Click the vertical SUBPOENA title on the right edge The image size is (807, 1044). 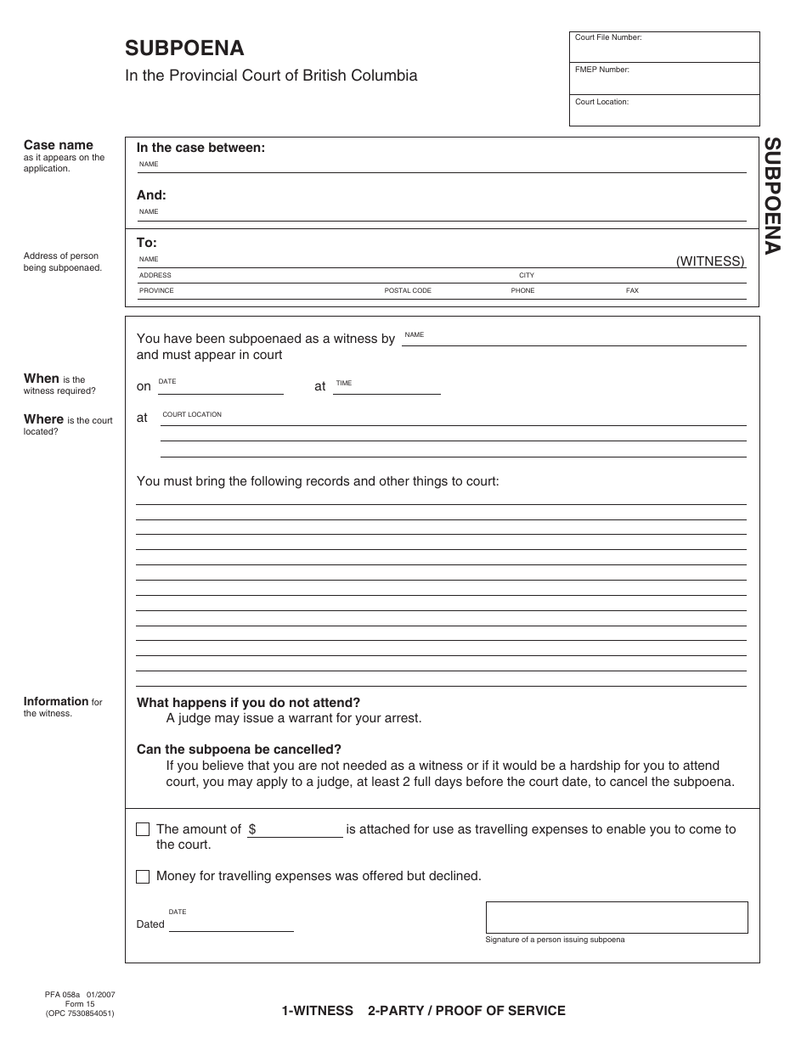(771, 196)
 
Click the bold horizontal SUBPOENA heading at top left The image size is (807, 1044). (184, 48)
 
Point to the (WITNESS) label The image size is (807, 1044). (710, 261)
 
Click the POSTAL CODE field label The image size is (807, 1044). (408, 290)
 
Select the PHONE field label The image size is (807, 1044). (522, 290)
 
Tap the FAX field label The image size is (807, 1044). (632, 290)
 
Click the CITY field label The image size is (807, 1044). (527, 275)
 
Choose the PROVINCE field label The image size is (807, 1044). (156, 290)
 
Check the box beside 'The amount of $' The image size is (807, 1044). (143, 829)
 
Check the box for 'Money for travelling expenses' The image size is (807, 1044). (143, 877)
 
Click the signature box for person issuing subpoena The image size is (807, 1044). (617, 918)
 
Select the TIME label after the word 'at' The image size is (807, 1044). (343, 384)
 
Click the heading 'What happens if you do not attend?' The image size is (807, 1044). (248, 703)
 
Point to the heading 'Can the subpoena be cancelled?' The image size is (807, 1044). (239, 749)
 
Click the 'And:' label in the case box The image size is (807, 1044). (151, 195)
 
